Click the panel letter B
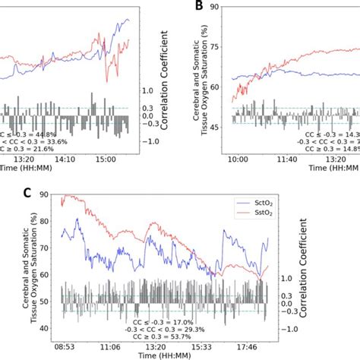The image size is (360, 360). [x=198, y=8]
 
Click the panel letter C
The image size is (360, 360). [x=27, y=193]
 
